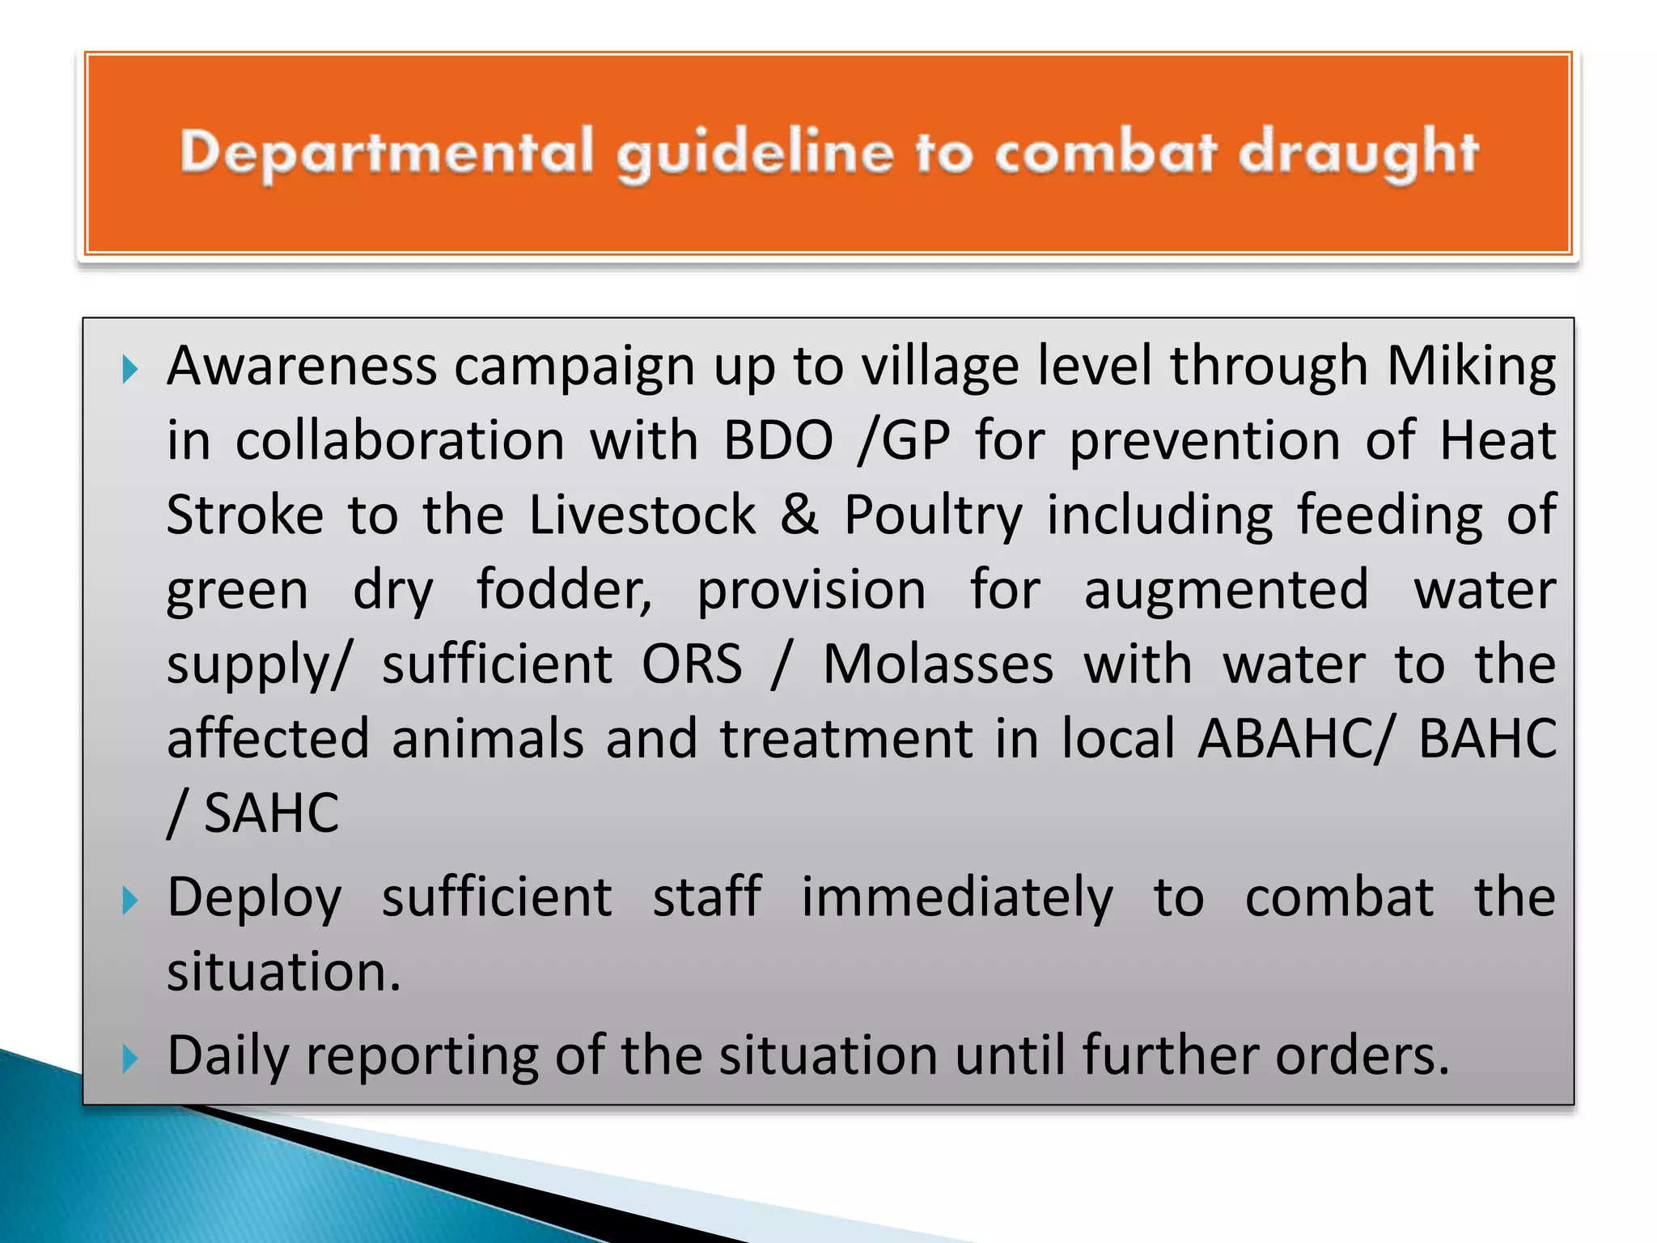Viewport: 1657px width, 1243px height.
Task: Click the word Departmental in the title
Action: point(387,153)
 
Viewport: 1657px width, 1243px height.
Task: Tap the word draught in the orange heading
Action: point(1358,153)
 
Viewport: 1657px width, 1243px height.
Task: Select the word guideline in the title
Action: point(754,153)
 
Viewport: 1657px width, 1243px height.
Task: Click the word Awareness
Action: point(302,367)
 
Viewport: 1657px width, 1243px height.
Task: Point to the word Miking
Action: point(1471,367)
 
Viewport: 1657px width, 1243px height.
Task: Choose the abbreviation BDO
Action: point(778,441)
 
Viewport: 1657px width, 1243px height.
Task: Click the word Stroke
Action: point(245,515)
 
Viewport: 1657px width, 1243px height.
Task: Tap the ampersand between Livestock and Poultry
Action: point(799,515)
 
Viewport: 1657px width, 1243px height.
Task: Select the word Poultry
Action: point(933,515)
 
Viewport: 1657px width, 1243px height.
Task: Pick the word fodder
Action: point(563,590)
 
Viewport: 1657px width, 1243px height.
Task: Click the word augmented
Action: point(1226,590)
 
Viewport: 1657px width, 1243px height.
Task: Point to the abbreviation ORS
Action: point(692,664)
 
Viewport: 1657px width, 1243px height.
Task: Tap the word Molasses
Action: point(938,664)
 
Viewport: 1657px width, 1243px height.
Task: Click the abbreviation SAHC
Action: point(271,813)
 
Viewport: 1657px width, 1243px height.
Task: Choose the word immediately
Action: point(957,897)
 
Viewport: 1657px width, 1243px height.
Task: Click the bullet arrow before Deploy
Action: point(129,900)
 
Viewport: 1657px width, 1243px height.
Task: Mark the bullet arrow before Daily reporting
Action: point(129,1058)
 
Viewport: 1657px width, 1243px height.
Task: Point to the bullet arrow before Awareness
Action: point(129,370)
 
